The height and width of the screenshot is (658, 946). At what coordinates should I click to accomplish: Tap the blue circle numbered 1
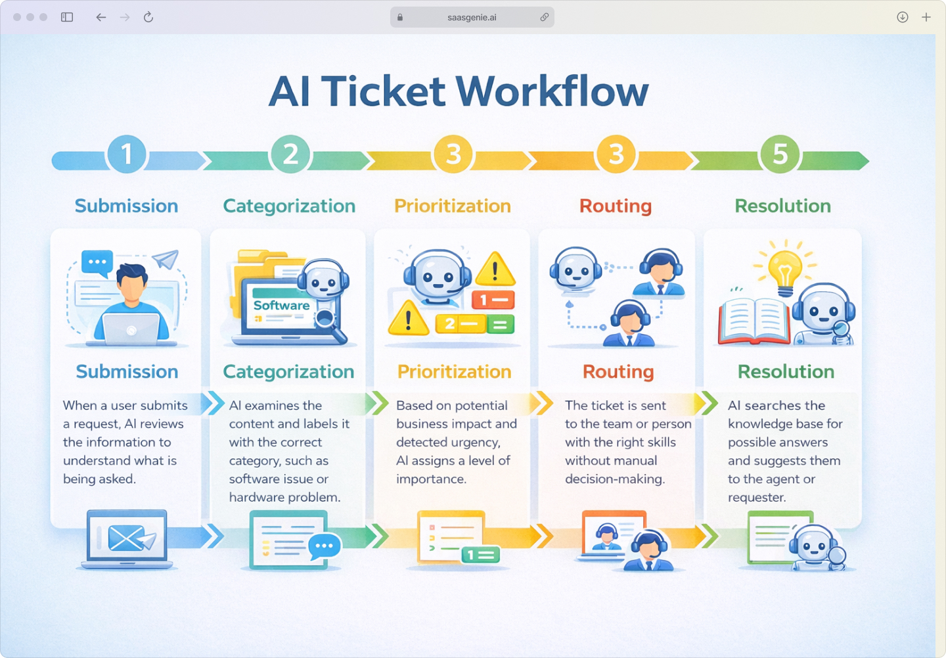coord(126,154)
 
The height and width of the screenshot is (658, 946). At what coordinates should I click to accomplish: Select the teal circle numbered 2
coord(290,154)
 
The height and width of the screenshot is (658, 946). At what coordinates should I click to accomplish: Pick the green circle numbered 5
coord(780,154)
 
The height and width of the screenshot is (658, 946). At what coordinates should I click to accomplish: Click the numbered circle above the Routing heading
coord(616,154)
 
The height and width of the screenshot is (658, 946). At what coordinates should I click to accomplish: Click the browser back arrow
coord(101,17)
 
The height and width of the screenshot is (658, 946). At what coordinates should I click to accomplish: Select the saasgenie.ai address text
coord(472,18)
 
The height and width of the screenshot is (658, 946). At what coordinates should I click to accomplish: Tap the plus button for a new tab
coord(926,17)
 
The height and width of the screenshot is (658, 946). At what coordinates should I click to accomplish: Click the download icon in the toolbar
coord(903,17)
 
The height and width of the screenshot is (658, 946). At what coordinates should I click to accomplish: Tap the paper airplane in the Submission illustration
coord(166,260)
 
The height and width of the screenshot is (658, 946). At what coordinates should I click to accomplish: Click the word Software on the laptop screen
coord(281,306)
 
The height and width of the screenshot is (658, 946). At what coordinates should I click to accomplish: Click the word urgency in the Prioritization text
coord(475,442)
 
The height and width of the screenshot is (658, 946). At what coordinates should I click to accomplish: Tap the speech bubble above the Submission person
coord(97,262)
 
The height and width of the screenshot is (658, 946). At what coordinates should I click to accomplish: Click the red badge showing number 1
coord(493,300)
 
